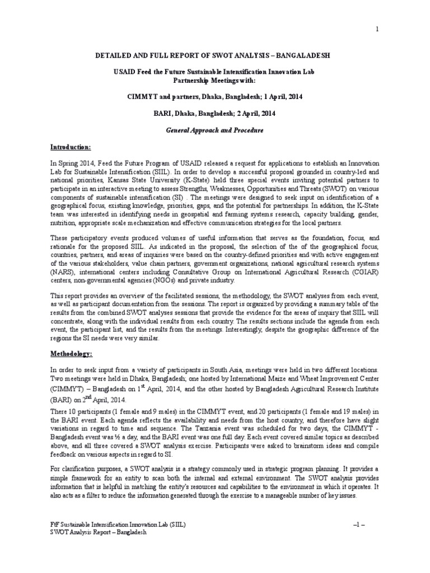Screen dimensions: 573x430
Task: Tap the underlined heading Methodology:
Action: (x=72, y=354)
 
